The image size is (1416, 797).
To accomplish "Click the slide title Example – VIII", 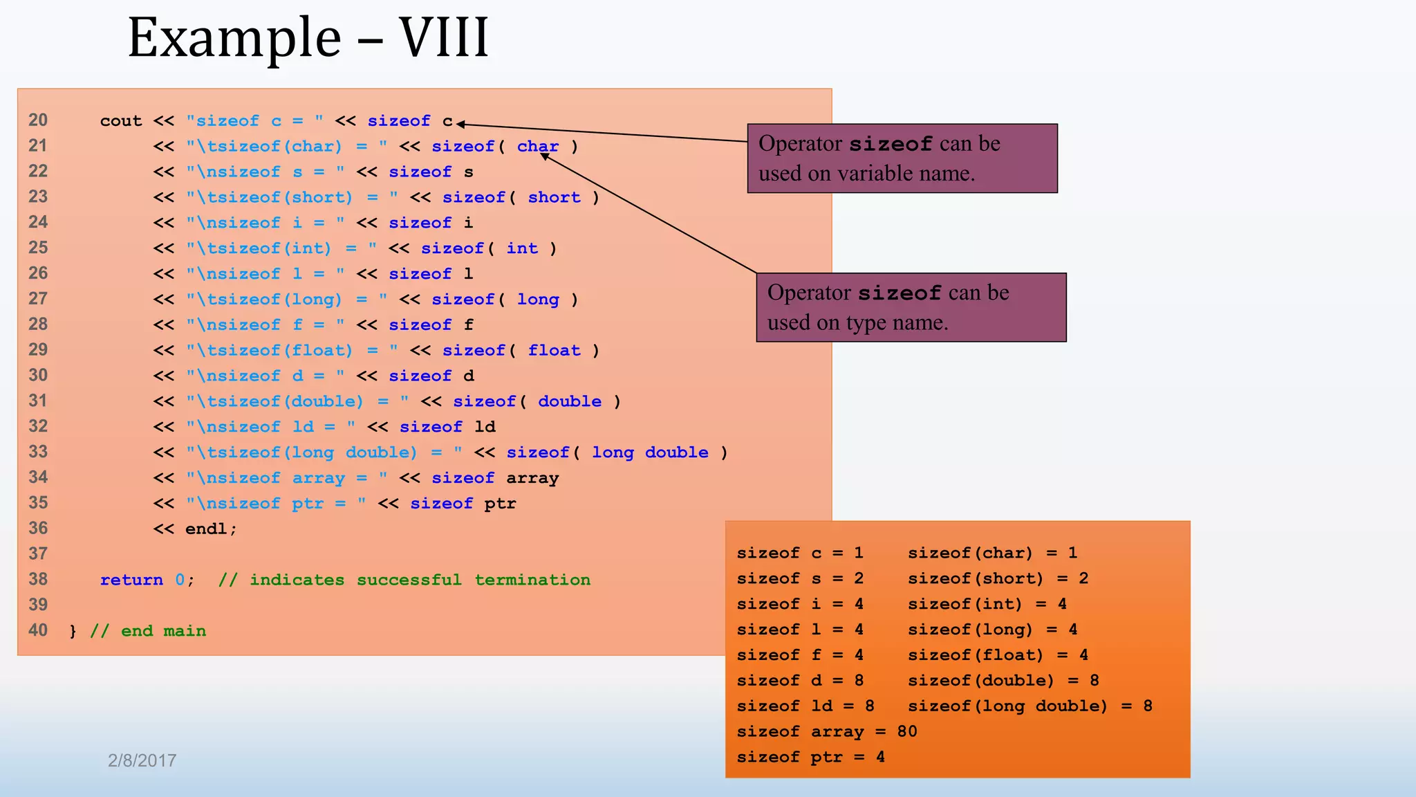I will pyautogui.click(x=308, y=37).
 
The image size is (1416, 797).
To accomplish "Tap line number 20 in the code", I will pyautogui.click(x=38, y=120).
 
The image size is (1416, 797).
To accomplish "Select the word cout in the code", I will pyautogui.click(x=120, y=121).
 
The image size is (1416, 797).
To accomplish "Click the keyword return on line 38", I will pyautogui.click(x=131, y=580).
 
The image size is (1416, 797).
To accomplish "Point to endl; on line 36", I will pyautogui.click(x=211, y=529).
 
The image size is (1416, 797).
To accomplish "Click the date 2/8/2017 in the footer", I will pyautogui.click(x=142, y=760).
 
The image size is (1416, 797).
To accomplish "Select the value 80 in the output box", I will pyautogui.click(x=906, y=731).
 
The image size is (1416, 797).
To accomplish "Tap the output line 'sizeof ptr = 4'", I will pyautogui.click(x=810, y=757).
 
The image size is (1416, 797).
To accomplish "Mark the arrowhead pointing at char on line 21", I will pyautogui.click(x=545, y=156).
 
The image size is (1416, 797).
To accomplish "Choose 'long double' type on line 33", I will pyautogui.click(x=650, y=452).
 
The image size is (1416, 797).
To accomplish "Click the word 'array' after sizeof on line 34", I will pyautogui.click(x=532, y=478).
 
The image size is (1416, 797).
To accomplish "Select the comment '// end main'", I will pyautogui.click(x=148, y=631).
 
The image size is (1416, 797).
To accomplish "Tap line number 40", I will pyautogui.click(x=38, y=630).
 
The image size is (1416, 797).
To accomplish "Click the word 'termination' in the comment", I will pyautogui.click(x=532, y=580).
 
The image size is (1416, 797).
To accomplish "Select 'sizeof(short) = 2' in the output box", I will pyautogui.click(x=998, y=578).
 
